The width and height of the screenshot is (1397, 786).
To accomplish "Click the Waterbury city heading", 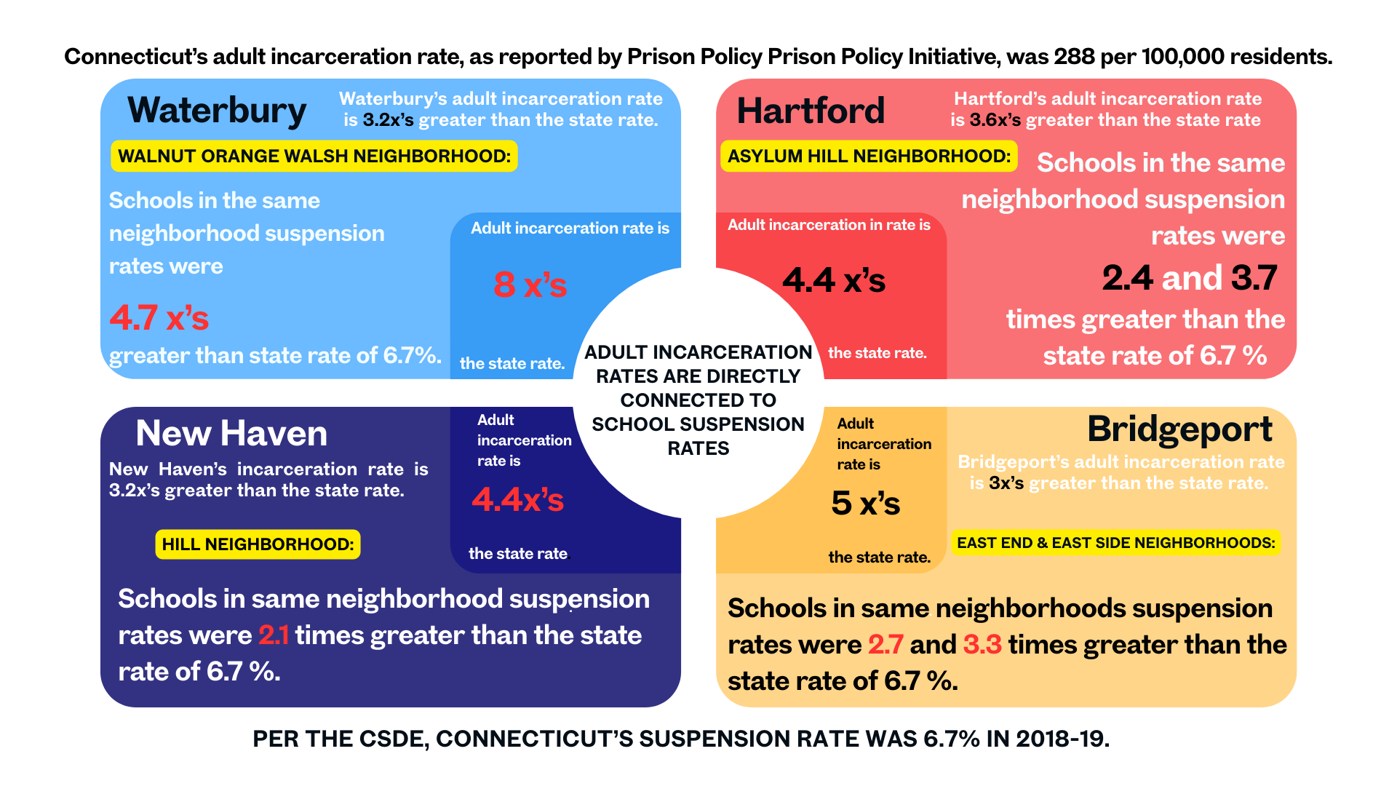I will (217, 111).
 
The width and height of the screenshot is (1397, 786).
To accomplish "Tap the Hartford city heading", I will (811, 111).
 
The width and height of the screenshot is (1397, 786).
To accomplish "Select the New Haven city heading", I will (231, 433).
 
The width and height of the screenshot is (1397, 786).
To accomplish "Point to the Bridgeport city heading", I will (1179, 429).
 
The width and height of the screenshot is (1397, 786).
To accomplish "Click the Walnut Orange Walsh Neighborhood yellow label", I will (314, 156).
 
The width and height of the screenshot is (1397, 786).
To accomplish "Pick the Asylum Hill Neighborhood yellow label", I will (869, 156).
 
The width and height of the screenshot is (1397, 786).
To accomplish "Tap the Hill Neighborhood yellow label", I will (258, 544).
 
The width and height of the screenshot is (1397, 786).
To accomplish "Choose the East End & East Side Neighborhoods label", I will (1115, 543).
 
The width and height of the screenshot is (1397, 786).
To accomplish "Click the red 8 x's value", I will (530, 285).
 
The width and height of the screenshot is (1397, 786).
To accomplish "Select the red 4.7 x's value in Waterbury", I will (159, 318).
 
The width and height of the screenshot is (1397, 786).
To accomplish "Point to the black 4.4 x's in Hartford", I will (834, 280).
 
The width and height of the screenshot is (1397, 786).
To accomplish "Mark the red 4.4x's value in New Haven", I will (517, 500).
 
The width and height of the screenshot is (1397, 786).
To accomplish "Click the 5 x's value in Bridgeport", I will (865, 503).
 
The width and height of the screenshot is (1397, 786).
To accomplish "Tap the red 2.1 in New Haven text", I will (274, 635).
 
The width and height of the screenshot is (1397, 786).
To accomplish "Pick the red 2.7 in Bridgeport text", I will (885, 645).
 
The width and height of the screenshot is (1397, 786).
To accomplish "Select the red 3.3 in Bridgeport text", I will (982, 645).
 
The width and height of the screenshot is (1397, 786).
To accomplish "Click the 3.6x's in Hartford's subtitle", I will (995, 120).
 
